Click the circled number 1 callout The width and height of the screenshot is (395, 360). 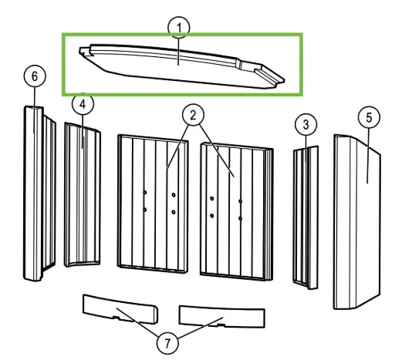[x=179, y=28]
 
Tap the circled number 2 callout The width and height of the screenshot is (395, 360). [x=193, y=115]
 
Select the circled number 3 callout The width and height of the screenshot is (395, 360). [x=306, y=125]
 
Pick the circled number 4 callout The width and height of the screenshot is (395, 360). [x=83, y=104]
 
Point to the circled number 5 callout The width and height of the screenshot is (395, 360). [x=369, y=117]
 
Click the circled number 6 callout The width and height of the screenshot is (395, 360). [x=35, y=76]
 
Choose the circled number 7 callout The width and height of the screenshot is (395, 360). [x=167, y=342]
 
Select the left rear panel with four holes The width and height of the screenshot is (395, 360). [x=153, y=204]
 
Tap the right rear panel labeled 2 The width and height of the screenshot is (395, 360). [x=237, y=211]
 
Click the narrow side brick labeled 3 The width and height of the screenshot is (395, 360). [x=306, y=217]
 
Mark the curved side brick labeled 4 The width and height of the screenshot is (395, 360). [x=83, y=195]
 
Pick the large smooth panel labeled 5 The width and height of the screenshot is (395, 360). [x=357, y=222]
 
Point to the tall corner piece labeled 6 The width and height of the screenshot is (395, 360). [x=39, y=193]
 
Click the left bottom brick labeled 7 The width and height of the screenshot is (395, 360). [x=120, y=309]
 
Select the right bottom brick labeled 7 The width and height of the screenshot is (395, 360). [x=221, y=317]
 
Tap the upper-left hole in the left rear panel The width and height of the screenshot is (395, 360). [x=145, y=193]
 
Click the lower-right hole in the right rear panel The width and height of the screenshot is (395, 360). [x=240, y=219]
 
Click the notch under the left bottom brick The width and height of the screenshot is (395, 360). [x=116, y=318]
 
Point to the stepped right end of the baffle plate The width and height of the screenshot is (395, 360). [x=270, y=75]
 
